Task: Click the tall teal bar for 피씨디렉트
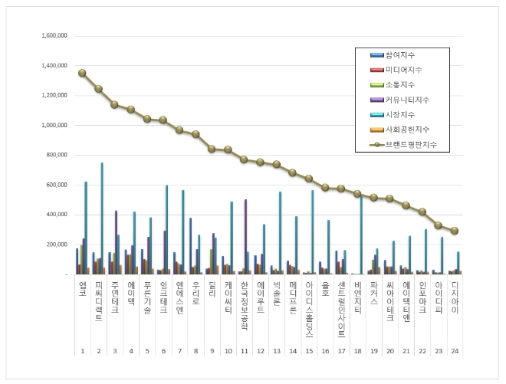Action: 102,218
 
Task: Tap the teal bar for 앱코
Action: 86,228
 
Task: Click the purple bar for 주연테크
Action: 117,242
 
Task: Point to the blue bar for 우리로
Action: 191,246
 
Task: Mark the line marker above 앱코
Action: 82,73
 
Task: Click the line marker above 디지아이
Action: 454,231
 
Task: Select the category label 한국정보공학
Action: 244,302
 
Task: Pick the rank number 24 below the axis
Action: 454,350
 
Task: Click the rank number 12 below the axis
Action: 260,350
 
